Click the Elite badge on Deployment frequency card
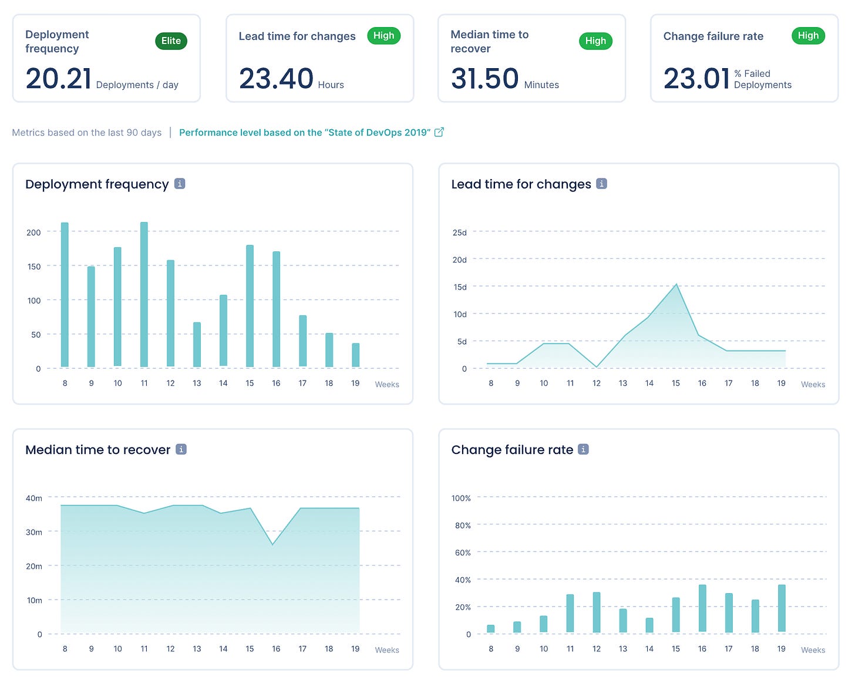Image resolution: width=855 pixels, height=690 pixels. point(171,41)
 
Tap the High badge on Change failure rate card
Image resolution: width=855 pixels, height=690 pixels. point(808,36)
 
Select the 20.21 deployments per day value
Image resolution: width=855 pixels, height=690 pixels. point(59,79)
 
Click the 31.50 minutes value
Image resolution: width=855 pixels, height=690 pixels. point(484,79)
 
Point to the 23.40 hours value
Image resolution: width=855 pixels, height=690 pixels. point(276,79)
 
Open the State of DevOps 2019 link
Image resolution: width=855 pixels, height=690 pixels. point(304,133)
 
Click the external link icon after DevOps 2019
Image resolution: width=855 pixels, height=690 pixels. point(439,132)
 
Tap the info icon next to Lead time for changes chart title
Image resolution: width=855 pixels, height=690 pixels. point(601,184)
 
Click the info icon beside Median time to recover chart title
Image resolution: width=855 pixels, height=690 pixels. point(181,449)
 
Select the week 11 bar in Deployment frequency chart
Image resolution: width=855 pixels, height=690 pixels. point(144,295)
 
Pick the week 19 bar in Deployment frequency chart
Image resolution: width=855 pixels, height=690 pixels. point(355,355)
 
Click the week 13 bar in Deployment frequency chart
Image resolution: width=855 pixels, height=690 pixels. point(197,345)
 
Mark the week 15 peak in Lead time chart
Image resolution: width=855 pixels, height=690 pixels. point(676,285)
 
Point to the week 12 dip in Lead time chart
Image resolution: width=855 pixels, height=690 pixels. point(597,367)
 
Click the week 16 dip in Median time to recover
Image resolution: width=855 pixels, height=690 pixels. point(272,544)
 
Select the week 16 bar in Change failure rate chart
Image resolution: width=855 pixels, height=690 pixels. point(702,608)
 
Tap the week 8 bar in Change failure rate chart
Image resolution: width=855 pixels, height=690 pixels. point(491,629)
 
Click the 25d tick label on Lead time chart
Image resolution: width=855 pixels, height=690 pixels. point(459,233)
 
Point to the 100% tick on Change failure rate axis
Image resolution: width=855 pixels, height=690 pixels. point(461,498)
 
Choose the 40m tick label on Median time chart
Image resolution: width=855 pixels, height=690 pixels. point(34,498)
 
